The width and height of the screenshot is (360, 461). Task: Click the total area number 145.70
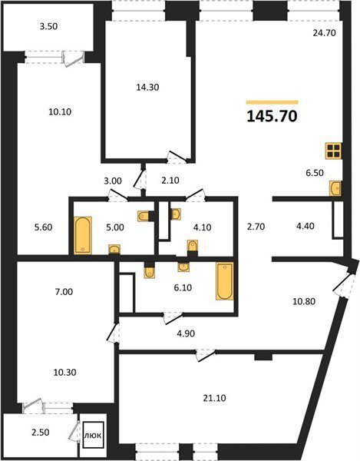coord(272,117)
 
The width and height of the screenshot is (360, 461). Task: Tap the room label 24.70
coord(324,33)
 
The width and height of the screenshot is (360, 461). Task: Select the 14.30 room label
coord(147,88)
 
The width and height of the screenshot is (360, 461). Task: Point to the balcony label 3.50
coord(49,26)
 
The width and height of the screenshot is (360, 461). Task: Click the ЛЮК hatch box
coord(93,435)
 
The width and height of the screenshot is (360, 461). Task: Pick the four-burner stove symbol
coord(333,151)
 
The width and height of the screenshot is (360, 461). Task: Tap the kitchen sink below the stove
coord(335,188)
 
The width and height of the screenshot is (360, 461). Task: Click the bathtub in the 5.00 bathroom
coord(82,235)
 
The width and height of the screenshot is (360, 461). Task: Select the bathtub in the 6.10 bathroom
coord(225,281)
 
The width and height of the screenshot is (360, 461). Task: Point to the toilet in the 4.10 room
coord(193,246)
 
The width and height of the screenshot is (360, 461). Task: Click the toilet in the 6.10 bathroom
coord(150,273)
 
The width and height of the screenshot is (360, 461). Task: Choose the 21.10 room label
coord(214,398)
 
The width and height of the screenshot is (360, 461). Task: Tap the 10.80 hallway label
coord(304,301)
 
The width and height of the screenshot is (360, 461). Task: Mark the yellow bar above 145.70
coord(272,102)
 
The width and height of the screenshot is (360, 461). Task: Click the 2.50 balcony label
coord(40,433)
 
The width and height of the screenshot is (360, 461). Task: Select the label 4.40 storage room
coord(306,226)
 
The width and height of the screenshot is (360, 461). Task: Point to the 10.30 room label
coord(65,372)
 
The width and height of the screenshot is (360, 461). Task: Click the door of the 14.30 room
coord(177,157)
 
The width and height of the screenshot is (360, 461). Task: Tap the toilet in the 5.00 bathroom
coord(143,216)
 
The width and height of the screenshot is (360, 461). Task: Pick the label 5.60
coord(43,227)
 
